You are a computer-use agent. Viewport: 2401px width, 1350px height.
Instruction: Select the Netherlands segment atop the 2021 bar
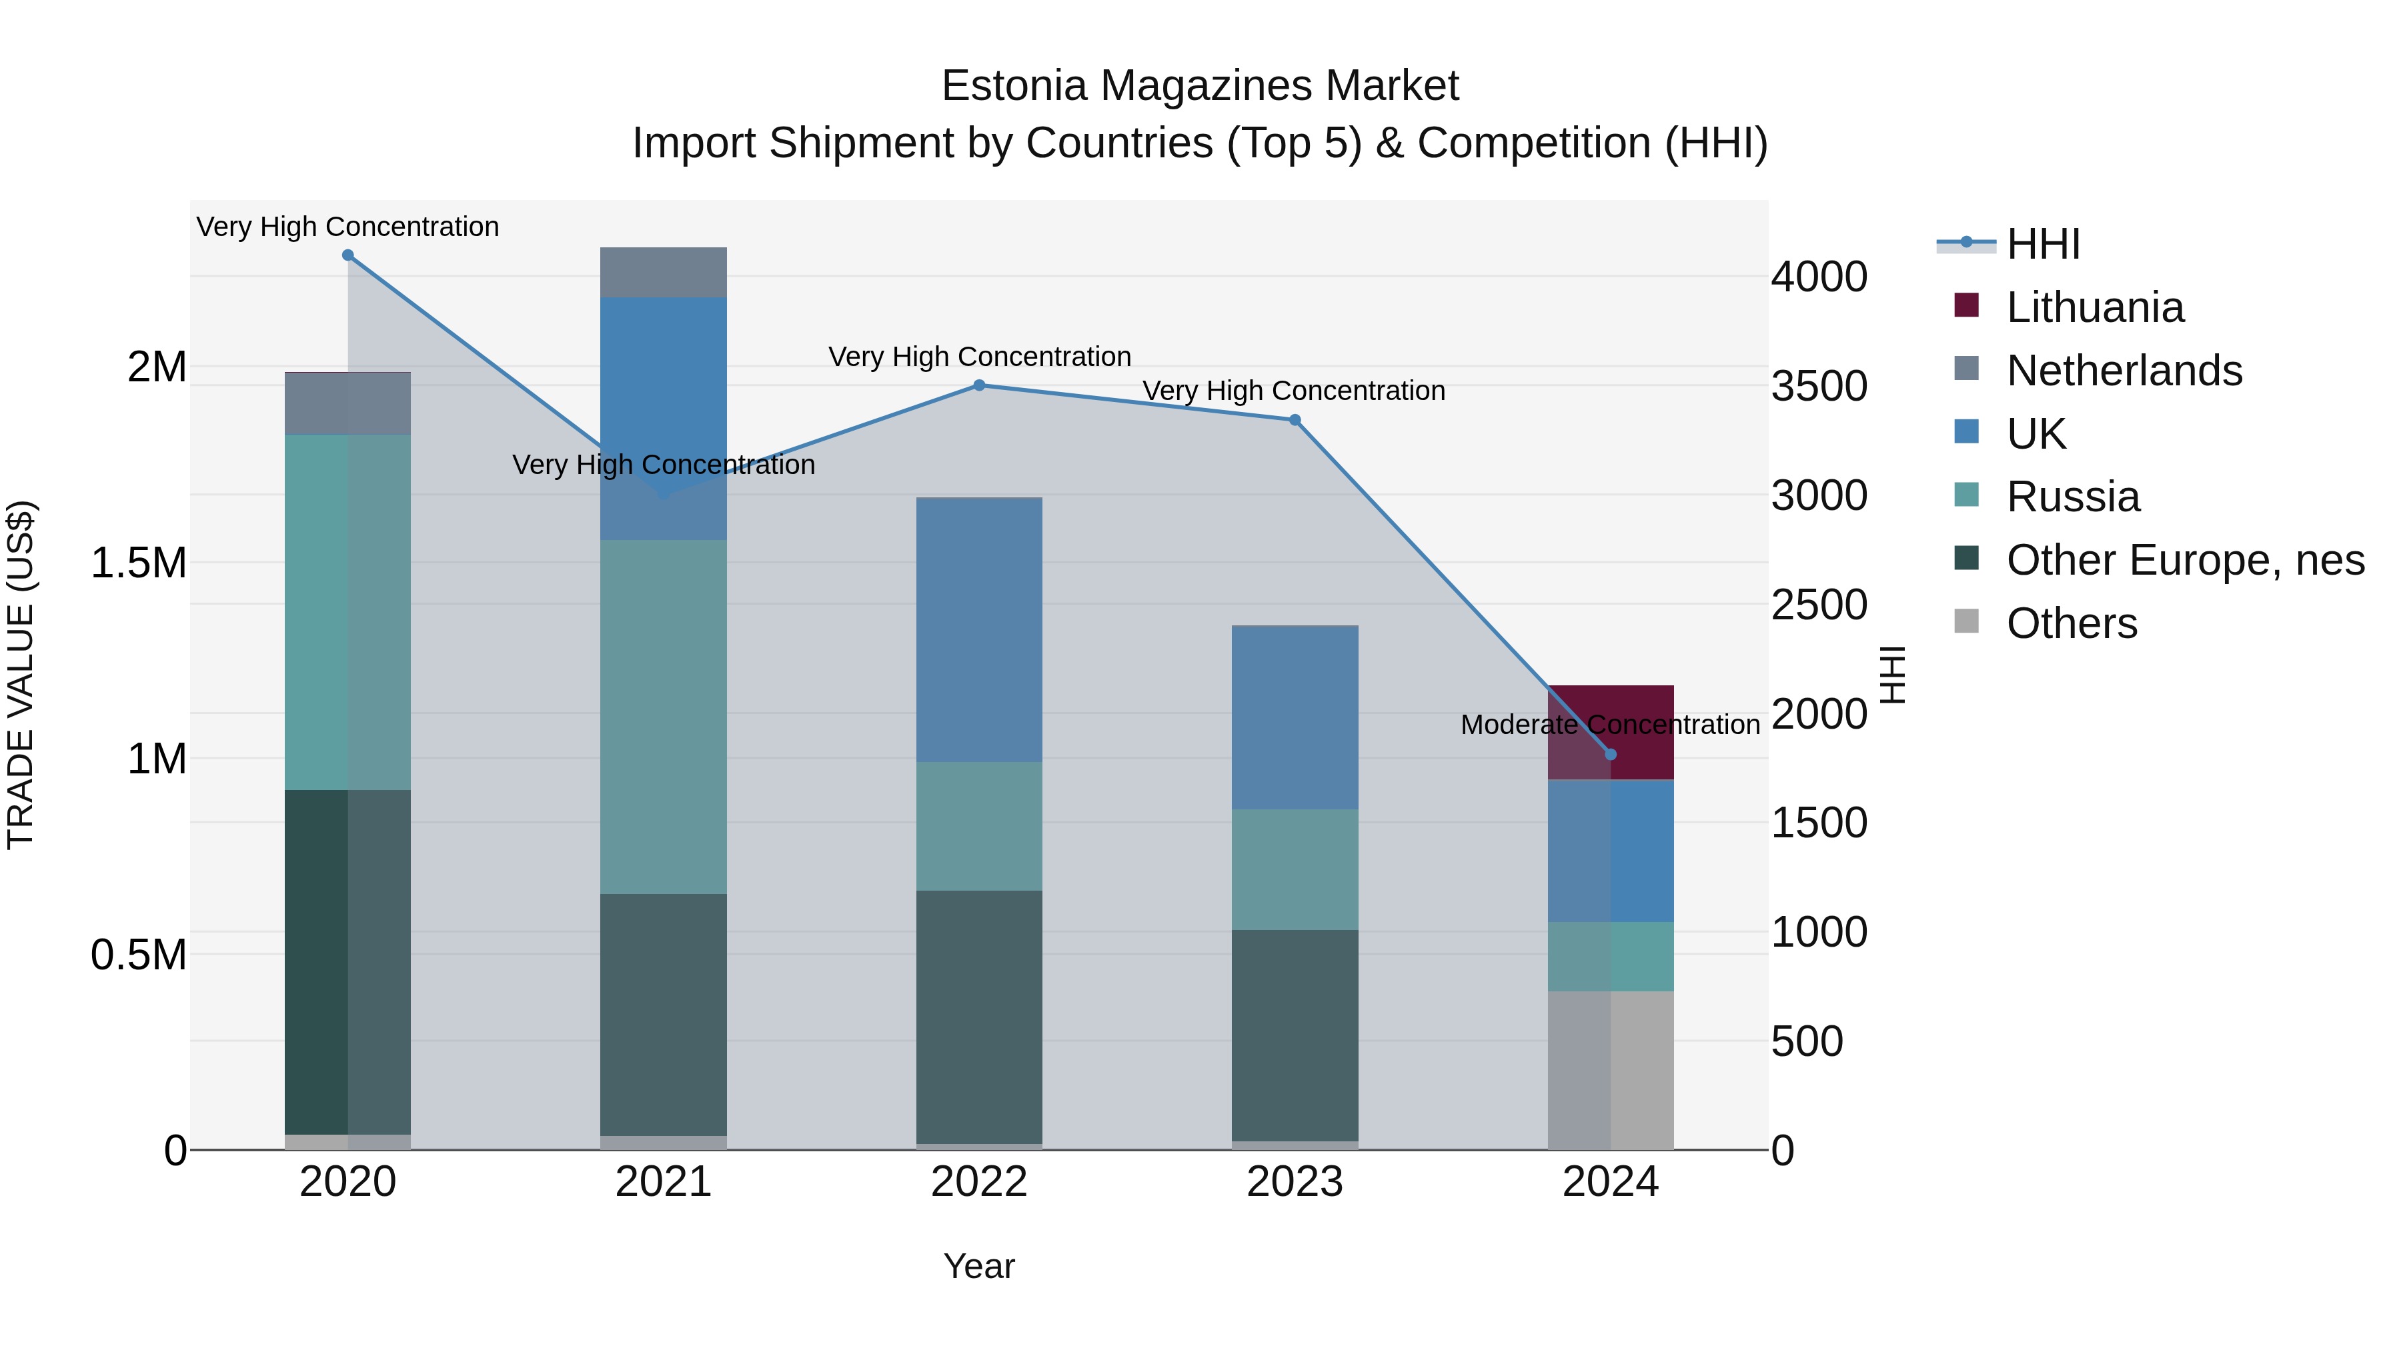click(663, 272)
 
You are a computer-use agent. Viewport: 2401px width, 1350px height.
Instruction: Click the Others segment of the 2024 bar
click(1611, 1069)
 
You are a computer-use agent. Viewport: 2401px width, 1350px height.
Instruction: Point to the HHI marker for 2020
click(347, 255)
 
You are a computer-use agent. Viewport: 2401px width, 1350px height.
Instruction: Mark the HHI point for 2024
click(1611, 754)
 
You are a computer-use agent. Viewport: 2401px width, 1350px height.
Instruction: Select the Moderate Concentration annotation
click(1610, 724)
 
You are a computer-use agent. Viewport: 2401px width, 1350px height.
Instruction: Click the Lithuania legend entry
click(2094, 307)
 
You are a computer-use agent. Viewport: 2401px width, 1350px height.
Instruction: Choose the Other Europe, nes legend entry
click(2185, 560)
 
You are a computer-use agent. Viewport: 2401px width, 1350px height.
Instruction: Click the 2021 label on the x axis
click(663, 1182)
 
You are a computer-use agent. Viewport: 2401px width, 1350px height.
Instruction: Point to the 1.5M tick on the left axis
click(138, 563)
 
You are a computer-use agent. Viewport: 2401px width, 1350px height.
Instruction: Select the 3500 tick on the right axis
click(1819, 386)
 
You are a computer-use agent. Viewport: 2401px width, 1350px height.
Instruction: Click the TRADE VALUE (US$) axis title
click(21, 675)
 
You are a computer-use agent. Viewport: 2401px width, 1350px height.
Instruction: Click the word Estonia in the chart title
click(1014, 86)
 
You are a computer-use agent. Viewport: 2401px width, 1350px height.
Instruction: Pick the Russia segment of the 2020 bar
click(347, 611)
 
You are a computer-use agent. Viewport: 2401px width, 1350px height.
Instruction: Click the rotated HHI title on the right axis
click(1892, 675)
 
